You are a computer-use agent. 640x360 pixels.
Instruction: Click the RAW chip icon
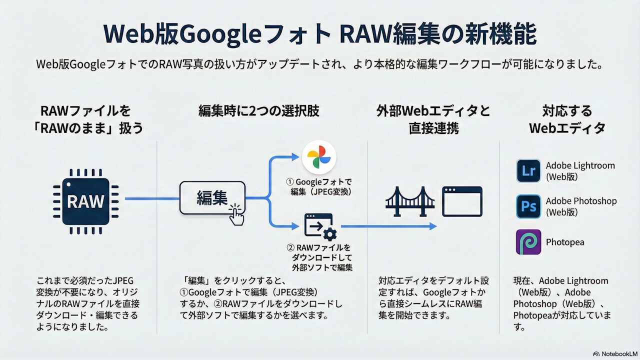point(85,201)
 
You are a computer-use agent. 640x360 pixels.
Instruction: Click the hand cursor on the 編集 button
point(236,214)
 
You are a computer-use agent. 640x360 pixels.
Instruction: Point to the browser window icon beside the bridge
point(462,201)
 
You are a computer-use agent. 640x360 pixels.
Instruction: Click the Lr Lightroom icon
point(528,171)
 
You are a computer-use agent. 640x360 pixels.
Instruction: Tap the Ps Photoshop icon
point(528,206)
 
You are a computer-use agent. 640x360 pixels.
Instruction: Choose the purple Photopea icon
point(528,242)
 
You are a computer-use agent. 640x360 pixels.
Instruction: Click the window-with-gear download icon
point(320,227)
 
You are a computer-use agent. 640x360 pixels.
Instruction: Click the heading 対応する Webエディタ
point(567,119)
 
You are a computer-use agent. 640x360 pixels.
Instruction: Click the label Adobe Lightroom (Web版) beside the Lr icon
point(580,171)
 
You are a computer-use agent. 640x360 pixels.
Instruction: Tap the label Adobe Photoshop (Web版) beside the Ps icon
point(581,206)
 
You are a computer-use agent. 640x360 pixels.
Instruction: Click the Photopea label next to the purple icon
point(565,242)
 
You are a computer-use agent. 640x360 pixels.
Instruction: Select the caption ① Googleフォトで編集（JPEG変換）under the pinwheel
point(319,187)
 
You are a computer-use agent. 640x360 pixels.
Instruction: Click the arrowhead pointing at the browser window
point(433,226)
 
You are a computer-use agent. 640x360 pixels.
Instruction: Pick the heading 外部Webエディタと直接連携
point(433,119)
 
